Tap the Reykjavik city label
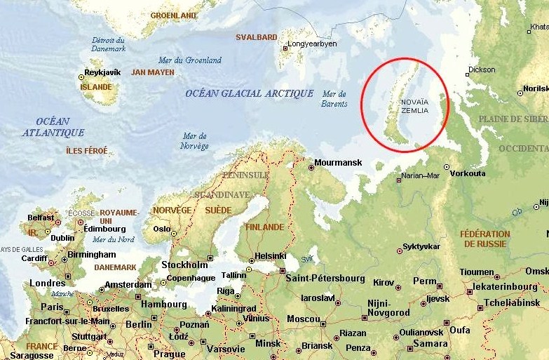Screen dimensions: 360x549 point(104,72)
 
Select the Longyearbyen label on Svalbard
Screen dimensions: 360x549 point(313,44)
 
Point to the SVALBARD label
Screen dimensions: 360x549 point(256,36)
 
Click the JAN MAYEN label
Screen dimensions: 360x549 point(152,72)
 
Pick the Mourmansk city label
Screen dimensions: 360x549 point(339,163)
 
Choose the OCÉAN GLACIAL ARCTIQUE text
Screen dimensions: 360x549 point(249,93)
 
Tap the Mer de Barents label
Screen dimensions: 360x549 point(334,99)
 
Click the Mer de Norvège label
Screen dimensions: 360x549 point(194,141)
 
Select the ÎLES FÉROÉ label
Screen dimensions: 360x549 point(87,151)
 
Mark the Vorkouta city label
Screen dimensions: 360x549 point(468,173)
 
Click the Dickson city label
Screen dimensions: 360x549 point(482,69)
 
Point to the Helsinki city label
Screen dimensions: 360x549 point(269,255)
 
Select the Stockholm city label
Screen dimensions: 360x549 point(184,265)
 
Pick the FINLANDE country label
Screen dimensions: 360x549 point(264,227)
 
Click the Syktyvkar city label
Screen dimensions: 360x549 point(421,247)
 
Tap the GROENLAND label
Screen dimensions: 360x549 point(173,15)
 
